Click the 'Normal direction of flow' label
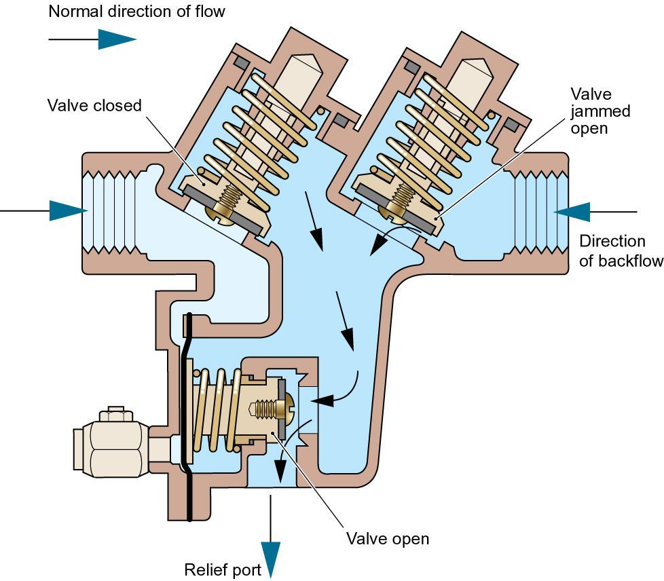tap(136, 11)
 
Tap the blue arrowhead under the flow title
tap(116, 39)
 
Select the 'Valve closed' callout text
tap(94, 105)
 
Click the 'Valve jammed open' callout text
tap(600, 111)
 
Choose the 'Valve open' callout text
tap(388, 539)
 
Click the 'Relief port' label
tap(223, 569)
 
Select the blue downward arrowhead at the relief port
tap(271, 558)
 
